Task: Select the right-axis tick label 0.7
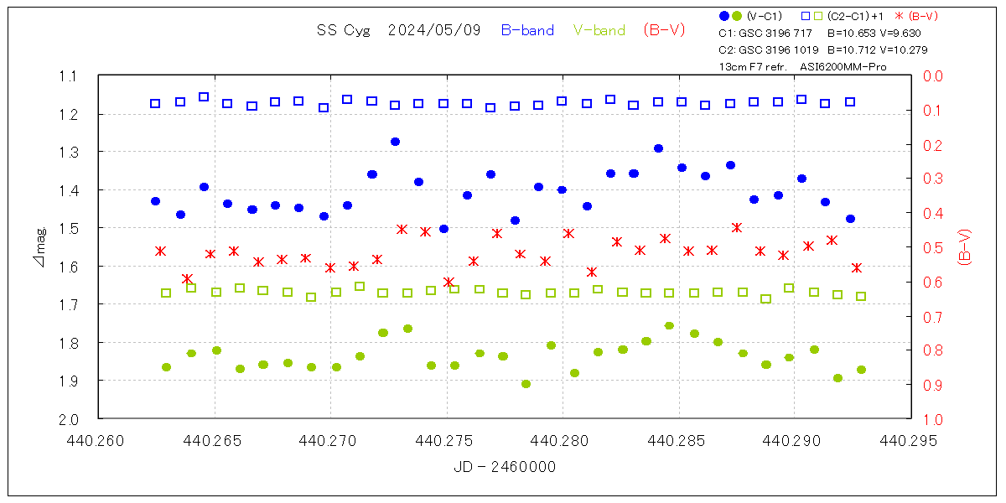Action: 933,316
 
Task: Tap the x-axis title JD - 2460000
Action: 504,467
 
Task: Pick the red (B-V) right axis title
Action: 964,247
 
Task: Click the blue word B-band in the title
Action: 527,30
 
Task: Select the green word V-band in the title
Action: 599,30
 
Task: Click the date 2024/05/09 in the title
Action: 434,30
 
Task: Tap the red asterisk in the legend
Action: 901,16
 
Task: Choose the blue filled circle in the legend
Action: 724,16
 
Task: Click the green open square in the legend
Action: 817,16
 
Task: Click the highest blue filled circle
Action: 395,142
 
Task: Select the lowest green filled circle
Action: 526,384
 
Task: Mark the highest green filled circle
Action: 669,325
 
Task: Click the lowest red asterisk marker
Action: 449,283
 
